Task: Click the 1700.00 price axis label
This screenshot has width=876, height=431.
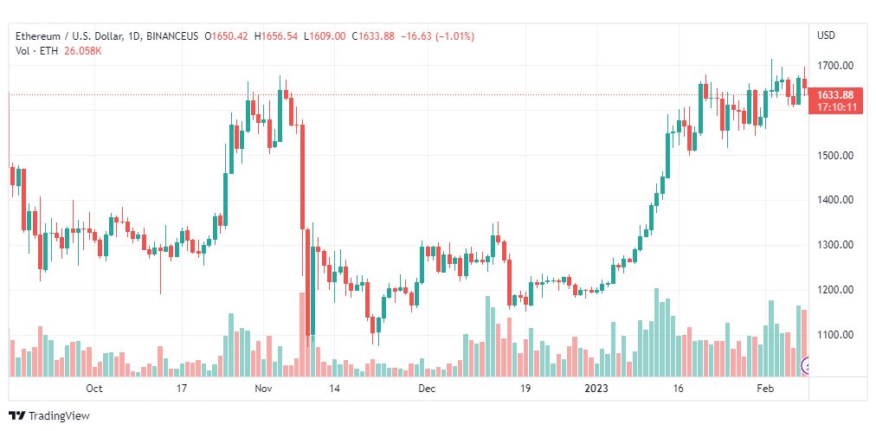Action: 835,65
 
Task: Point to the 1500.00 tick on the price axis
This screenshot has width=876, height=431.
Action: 835,155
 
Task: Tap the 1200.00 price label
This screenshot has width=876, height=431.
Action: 835,290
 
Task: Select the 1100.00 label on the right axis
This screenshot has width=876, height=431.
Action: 835,335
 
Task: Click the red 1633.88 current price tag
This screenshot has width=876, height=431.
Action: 835,94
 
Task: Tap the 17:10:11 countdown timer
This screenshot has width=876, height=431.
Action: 835,107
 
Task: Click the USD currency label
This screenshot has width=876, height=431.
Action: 826,35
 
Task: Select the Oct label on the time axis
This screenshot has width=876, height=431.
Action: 94,389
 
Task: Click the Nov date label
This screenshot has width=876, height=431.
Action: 265,389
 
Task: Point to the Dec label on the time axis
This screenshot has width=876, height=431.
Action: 426,389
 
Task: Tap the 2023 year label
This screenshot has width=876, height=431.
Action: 596,389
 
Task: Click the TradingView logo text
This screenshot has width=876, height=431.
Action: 59,416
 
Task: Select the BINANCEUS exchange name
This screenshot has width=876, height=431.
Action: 172,36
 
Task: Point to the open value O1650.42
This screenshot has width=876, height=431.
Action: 226,36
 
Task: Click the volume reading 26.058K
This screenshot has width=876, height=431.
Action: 83,50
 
